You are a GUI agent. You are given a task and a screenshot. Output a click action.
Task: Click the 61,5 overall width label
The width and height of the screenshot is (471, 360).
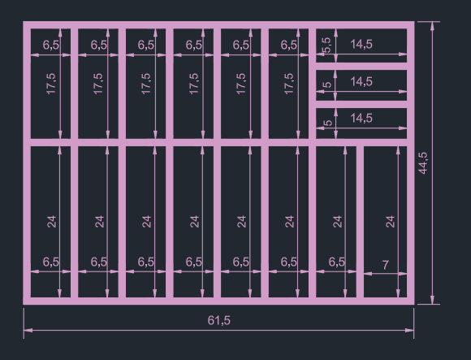219,321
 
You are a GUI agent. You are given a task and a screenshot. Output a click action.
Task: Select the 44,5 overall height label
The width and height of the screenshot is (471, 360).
423,163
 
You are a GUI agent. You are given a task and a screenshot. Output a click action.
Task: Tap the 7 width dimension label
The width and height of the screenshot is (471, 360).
386,265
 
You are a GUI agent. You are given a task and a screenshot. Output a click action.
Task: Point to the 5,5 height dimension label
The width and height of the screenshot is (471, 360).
326,45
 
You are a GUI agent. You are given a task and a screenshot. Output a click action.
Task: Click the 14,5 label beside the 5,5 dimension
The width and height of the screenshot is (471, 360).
361,44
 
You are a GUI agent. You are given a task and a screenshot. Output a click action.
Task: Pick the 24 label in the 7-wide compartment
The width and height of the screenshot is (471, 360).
390,222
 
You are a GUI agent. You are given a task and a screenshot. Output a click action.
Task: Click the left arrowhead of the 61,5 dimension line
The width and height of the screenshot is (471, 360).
28,330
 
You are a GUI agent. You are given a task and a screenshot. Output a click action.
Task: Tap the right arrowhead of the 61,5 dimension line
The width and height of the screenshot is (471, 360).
409,330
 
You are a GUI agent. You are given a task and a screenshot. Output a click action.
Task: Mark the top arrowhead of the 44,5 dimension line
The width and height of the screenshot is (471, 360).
432,26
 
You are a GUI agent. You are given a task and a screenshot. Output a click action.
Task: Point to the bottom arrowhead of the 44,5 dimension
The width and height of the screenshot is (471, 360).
432,300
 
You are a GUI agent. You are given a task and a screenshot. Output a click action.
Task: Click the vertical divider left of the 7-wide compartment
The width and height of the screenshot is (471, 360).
360,222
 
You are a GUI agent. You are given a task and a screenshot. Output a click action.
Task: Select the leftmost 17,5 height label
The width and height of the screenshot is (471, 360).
51,84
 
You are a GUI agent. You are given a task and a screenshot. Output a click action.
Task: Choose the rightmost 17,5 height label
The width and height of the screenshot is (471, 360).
289,84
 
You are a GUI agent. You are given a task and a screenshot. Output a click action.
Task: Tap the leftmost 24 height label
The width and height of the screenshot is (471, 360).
52,222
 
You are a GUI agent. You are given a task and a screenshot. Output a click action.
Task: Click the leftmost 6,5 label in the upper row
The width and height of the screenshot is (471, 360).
51,45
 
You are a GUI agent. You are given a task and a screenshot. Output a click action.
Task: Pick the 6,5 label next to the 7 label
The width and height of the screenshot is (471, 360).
337,262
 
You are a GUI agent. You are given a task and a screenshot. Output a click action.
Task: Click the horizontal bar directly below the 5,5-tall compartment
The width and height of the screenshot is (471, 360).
361,67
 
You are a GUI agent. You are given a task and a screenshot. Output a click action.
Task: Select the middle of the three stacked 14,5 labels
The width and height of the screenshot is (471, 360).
361,81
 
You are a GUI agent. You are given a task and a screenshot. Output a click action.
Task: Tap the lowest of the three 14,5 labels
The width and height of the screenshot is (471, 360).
361,118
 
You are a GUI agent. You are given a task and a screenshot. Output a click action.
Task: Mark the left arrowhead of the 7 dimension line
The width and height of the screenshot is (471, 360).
368,274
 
